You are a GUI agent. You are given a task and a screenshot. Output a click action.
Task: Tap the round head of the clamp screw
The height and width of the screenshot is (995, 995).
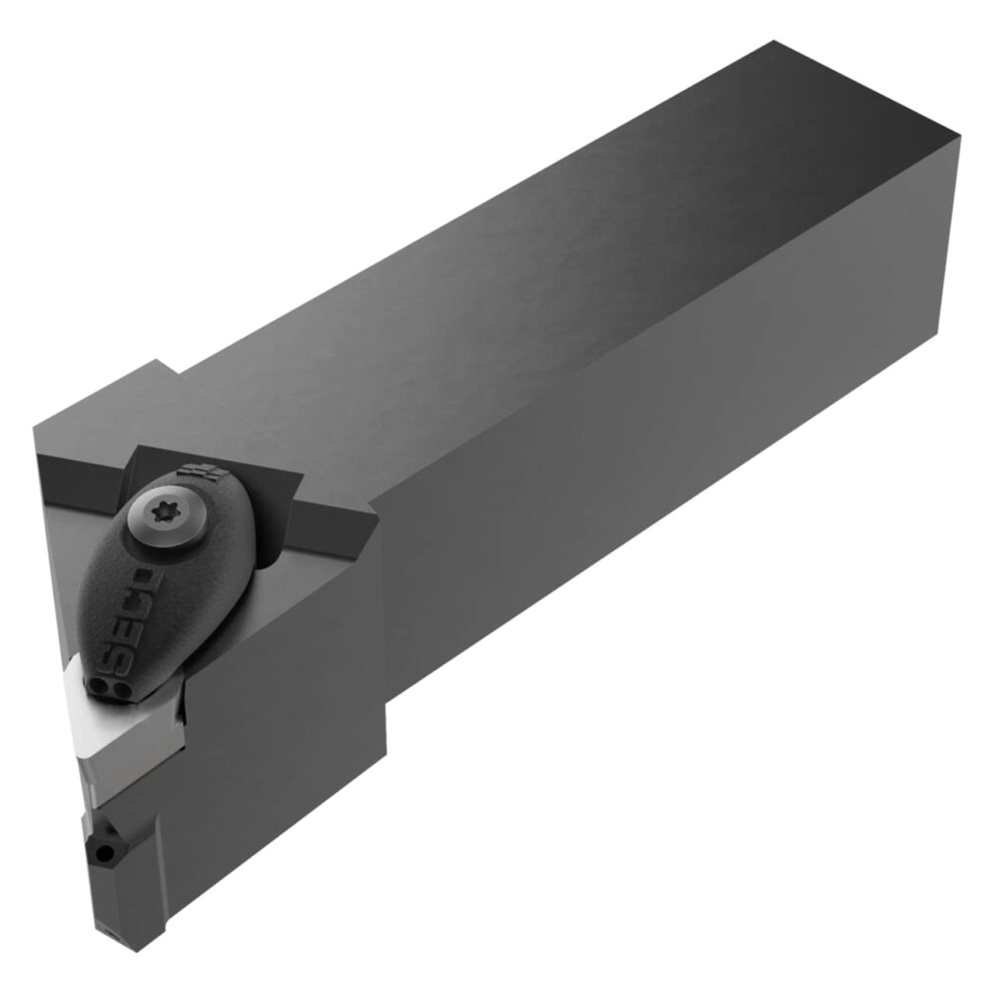[159, 515]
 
